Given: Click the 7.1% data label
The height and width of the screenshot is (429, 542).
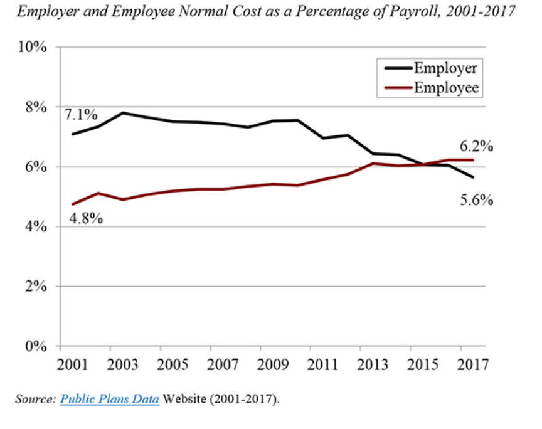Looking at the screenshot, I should [x=81, y=115].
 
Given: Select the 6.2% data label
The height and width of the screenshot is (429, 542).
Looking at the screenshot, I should [x=476, y=147].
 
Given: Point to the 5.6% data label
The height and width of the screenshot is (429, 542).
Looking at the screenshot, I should [x=476, y=201].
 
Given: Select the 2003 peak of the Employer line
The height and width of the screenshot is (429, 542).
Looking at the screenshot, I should [x=124, y=113].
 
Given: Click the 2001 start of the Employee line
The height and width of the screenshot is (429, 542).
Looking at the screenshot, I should [x=73, y=204].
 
